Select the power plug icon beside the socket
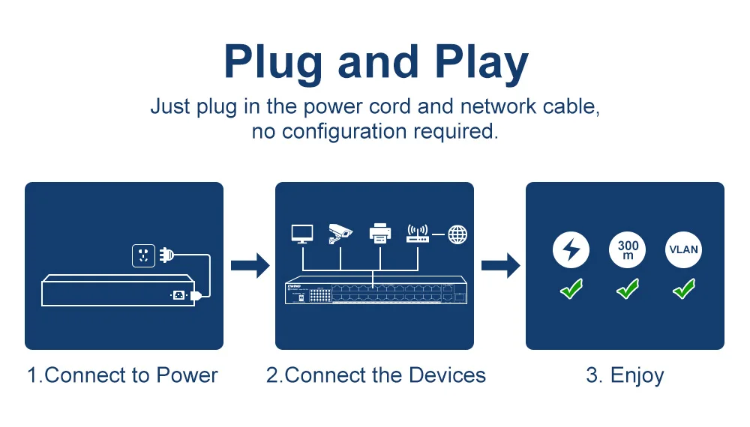point(166,255)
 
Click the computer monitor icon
point(302,234)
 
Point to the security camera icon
point(340,234)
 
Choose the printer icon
point(381,234)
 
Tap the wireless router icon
point(417,233)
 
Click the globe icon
point(457,234)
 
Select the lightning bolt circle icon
point(571,250)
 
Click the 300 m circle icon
point(628,250)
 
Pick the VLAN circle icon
point(683,250)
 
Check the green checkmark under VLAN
point(683,288)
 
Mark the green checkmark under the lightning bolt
point(571,288)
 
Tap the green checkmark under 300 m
point(628,288)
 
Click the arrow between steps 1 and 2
point(250,264)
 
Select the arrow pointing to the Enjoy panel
point(500,264)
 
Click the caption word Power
point(187,375)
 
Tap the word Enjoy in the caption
point(637,375)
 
